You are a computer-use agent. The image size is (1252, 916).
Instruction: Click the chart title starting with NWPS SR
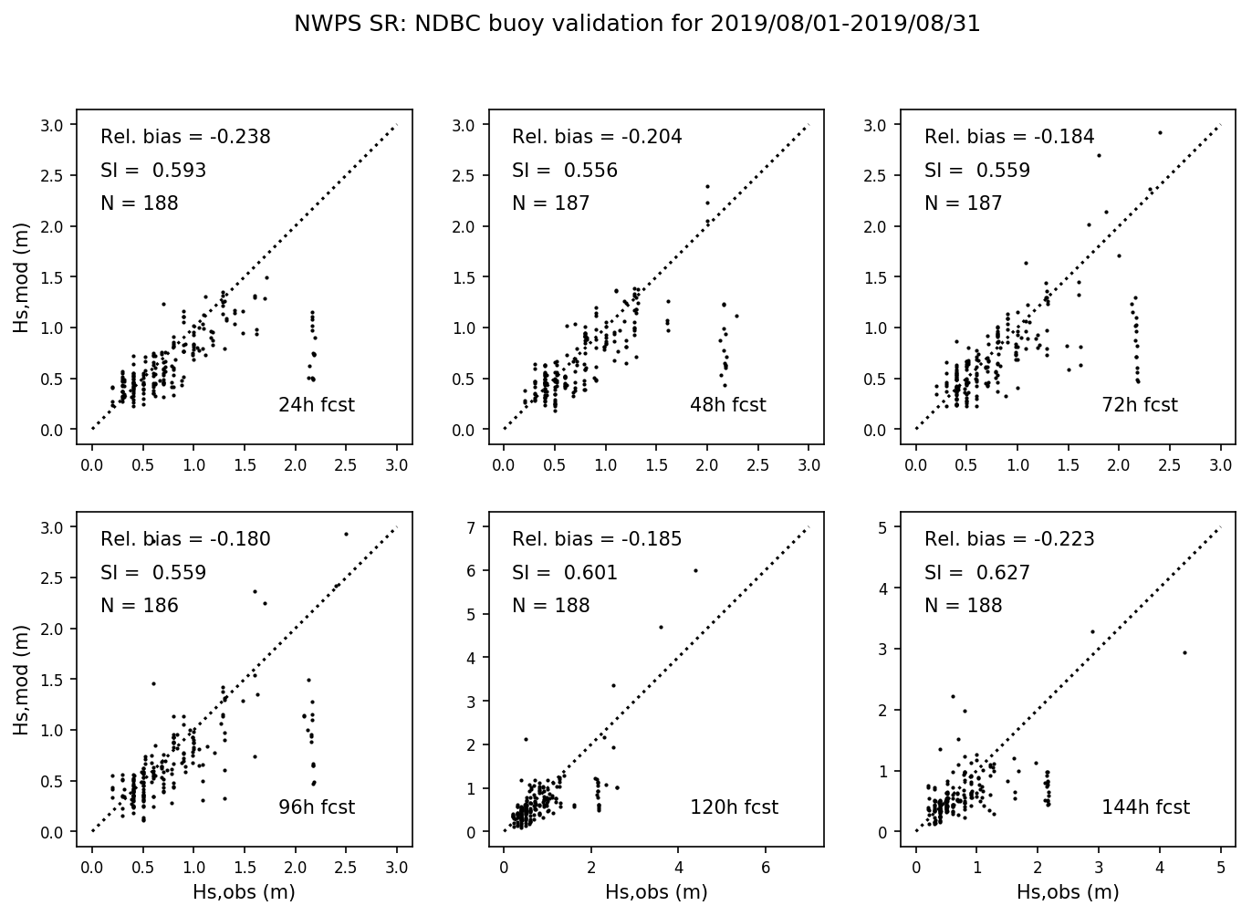(637, 25)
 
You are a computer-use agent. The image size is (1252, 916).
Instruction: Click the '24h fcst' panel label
(316, 405)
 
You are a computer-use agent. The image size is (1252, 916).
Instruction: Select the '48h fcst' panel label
(727, 405)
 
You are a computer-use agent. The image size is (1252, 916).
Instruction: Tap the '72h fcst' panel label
(1140, 405)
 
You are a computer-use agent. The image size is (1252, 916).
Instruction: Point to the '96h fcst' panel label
(316, 807)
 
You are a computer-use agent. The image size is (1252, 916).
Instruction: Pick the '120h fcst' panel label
(734, 807)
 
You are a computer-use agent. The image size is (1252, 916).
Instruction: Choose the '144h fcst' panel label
(1145, 807)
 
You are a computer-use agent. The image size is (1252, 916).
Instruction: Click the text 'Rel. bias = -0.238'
(185, 137)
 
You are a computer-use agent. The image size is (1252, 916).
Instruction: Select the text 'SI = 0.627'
(976, 573)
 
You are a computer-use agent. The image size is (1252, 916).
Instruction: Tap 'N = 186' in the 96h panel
(139, 606)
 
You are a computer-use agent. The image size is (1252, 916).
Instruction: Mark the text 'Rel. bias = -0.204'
(597, 137)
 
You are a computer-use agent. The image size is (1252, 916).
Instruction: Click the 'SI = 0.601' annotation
(564, 573)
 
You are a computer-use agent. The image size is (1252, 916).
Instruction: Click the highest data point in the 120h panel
(695, 570)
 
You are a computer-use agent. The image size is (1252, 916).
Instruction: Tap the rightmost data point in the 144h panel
(1184, 652)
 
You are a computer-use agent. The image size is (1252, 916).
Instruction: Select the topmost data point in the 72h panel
(1160, 132)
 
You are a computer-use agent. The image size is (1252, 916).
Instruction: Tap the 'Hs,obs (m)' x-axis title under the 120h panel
(656, 892)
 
